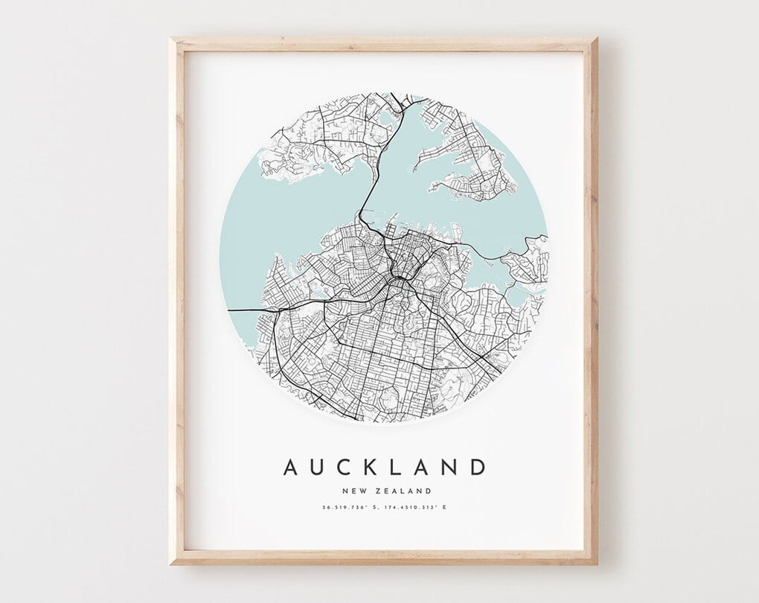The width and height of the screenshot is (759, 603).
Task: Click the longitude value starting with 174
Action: tap(410, 508)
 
